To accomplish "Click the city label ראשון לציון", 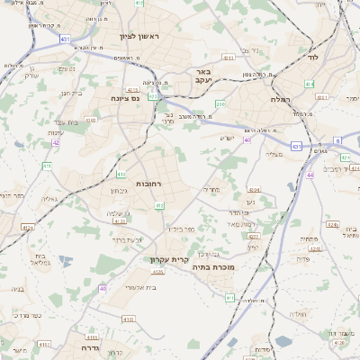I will pos(139,36).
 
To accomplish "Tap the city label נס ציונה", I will pos(127,97).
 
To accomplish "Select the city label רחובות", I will pos(148,184).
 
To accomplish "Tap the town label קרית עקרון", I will pos(171,259).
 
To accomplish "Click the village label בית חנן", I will pos(71,92).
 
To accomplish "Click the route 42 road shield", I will pos(55,142).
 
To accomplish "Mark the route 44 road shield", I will pos(310,175).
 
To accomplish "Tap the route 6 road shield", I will pos(337,140).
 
